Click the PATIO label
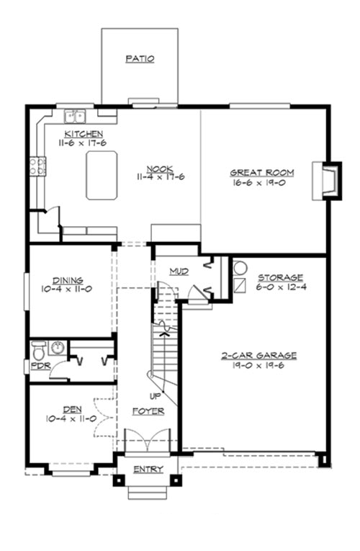[140, 59]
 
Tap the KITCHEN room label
[84, 134]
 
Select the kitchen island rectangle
[102, 175]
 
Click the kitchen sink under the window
[75, 115]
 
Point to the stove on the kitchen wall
[37, 166]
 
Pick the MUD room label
[179, 272]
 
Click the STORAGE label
[281, 277]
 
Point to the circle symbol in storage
[240, 267]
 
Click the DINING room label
[68, 281]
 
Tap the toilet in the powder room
[39, 350]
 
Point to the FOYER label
[148, 411]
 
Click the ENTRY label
[148, 470]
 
